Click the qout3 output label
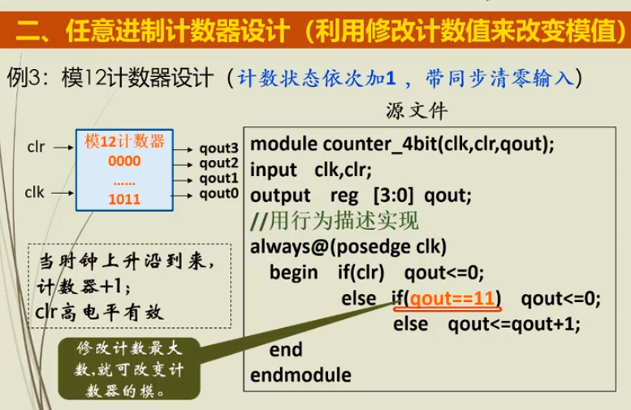219,149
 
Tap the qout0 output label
219,193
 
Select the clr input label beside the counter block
36,147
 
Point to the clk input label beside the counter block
34,192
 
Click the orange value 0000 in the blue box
124,161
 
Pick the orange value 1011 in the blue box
124,199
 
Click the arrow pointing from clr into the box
63,148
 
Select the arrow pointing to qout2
183,165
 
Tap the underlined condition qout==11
452,299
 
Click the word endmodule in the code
300,375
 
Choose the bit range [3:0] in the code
393,196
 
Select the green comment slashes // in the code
259,222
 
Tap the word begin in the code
293,273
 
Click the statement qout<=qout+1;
514,324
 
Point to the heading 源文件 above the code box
416,110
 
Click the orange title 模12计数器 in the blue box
124,141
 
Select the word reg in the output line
344,196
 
